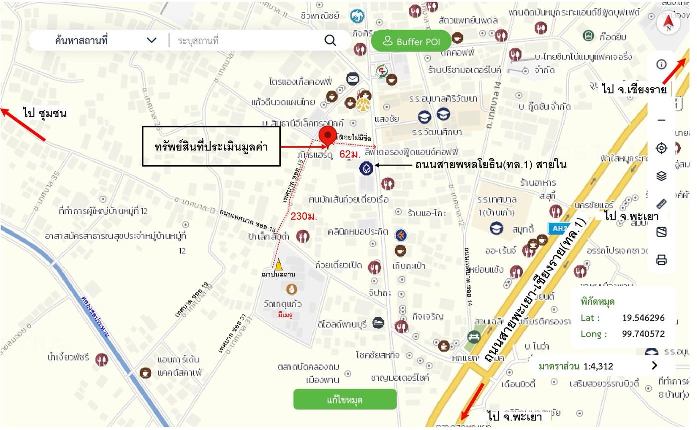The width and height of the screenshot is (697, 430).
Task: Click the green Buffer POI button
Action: click(411, 41)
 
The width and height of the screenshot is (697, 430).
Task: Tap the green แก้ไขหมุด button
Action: click(345, 400)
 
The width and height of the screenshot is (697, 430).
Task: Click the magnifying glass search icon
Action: click(330, 40)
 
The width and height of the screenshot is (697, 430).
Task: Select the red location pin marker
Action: click(328, 136)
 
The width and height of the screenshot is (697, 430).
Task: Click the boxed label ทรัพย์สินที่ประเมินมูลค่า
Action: click(211, 146)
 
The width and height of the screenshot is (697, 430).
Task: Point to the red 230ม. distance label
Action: click(304, 216)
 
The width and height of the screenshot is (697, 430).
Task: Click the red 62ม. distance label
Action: click(350, 154)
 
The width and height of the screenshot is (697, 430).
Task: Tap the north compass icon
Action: click(669, 22)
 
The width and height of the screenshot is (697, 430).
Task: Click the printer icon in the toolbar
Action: click(661, 260)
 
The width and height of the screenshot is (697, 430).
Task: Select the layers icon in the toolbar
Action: click(661, 176)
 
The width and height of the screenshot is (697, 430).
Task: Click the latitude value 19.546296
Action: click(643, 318)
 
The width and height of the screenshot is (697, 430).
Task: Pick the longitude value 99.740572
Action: click(643, 334)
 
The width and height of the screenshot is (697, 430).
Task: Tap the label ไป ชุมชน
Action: click(44, 113)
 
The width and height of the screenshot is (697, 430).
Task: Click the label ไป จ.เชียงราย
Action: click(634, 90)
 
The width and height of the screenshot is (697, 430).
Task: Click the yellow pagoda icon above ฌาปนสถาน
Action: click(278, 264)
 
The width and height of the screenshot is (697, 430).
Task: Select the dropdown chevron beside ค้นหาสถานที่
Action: click(152, 40)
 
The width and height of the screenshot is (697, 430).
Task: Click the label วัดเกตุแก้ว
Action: click(283, 304)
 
